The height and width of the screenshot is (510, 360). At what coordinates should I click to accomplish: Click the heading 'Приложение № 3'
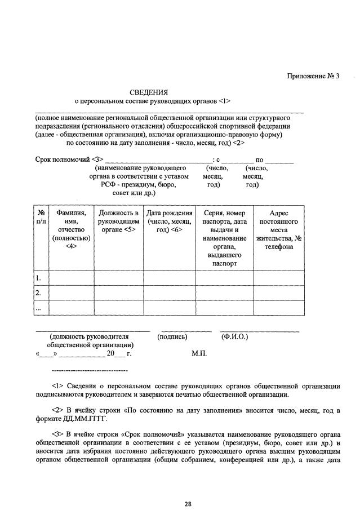tap(313, 77)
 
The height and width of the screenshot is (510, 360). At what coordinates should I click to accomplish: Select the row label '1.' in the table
tap(39, 278)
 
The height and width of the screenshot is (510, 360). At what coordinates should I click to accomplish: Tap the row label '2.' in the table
tap(39, 293)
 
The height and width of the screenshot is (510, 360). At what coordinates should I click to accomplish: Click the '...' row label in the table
tap(39, 308)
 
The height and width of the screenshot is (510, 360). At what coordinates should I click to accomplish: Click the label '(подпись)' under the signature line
tap(173, 337)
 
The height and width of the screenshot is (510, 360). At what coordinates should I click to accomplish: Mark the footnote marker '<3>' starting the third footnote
tap(57, 434)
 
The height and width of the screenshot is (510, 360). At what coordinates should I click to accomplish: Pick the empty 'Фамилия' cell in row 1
tap(71, 278)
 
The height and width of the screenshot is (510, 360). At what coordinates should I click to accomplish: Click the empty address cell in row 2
tap(279, 293)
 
